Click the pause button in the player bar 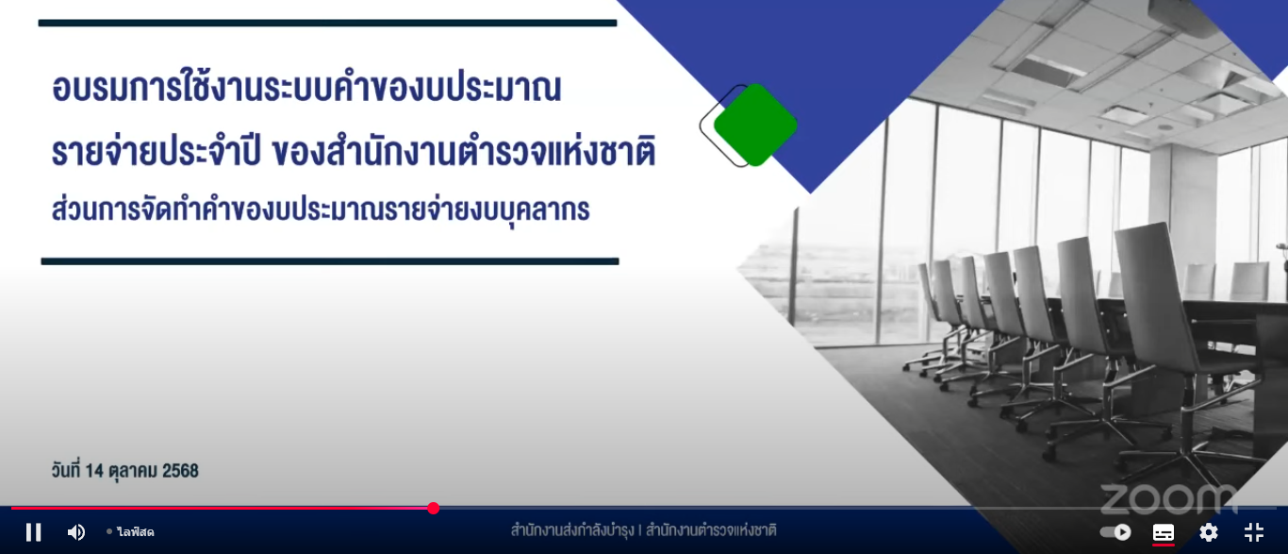pyautogui.click(x=33, y=532)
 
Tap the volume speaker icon pyautogui.click(x=75, y=532)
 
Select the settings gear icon pyautogui.click(x=1209, y=532)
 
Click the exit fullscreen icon pyautogui.click(x=1254, y=532)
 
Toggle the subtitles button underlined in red pyautogui.click(x=1164, y=533)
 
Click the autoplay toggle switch pyautogui.click(x=1115, y=532)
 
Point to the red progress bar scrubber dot pyautogui.click(x=434, y=508)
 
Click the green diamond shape pyautogui.click(x=755, y=125)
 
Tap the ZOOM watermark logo pyautogui.click(x=1168, y=498)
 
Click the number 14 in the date pyautogui.click(x=93, y=471)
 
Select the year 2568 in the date pyautogui.click(x=180, y=471)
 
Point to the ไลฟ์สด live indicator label pyautogui.click(x=135, y=532)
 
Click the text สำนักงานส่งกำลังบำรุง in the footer pyautogui.click(x=572, y=529)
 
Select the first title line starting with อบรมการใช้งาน pyautogui.click(x=306, y=88)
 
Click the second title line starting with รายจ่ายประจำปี pyautogui.click(x=354, y=151)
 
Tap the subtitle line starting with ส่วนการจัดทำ pyautogui.click(x=321, y=210)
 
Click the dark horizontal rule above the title pyautogui.click(x=328, y=23)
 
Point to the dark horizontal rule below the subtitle pyautogui.click(x=330, y=261)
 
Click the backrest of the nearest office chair pyautogui.click(x=1156, y=294)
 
